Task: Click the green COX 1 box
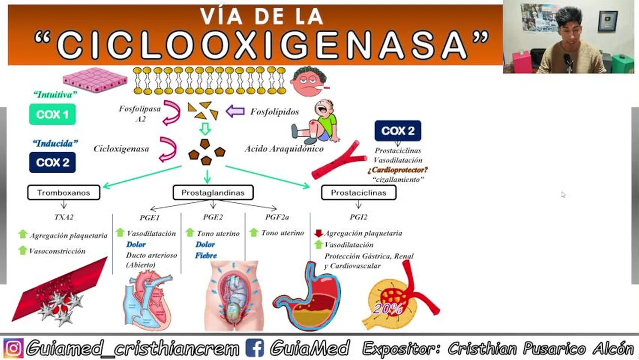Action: pos(52,114)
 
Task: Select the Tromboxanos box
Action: pos(63,193)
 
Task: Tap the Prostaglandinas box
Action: pos(213,193)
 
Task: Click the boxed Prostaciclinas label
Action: pos(358,193)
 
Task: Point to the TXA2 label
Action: pos(64,217)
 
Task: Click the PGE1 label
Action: pos(150,217)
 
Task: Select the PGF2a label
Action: pos(277,217)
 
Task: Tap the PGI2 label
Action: pos(358,217)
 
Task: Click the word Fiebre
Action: pos(206,256)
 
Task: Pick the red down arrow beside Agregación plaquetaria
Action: pos(318,233)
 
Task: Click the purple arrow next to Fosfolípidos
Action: pos(235,111)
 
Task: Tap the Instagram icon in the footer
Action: pos(13,348)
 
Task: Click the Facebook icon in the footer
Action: pos(254,348)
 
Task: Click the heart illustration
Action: pos(148,300)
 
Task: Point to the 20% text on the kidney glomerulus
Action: pos(387,309)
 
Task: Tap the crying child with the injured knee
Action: pos(318,123)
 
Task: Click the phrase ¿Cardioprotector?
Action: pos(398,170)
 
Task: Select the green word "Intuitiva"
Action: pos(55,95)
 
